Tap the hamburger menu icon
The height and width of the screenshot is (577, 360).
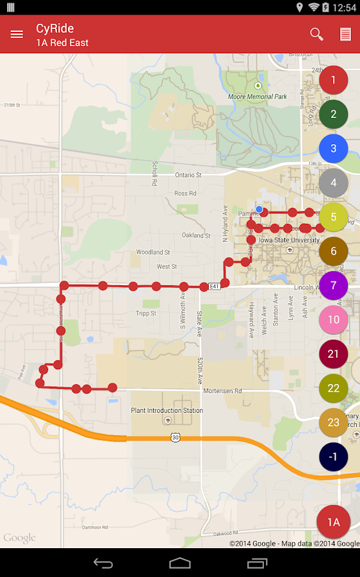click(x=17, y=35)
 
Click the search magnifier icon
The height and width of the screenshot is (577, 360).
click(x=316, y=34)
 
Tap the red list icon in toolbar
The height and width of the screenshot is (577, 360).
click(x=345, y=35)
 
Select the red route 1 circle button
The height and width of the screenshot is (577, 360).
click(x=333, y=80)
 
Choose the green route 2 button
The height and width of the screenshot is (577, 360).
click(x=333, y=114)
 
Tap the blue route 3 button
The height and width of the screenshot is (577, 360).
click(x=333, y=148)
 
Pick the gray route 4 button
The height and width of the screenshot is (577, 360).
click(x=333, y=183)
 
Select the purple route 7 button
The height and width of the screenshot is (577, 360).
click(x=333, y=285)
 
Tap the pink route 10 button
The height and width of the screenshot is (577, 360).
click(x=333, y=319)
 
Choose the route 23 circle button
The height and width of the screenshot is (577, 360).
click(x=333, y=422)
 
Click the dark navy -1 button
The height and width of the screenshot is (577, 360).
click(x=333, y=456)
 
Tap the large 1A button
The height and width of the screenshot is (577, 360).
click(x=333, y=522)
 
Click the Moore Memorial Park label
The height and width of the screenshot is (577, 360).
click(x=258, y=97)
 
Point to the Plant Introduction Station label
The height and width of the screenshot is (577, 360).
click(x=167, y=410)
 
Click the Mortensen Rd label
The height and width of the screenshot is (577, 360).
click(x=222, y=390)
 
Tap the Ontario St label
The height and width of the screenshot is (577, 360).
click(x=188, y=174)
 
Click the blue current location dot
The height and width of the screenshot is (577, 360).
click(x=259, y=209)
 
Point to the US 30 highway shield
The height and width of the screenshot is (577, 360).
click(x=176, y=437)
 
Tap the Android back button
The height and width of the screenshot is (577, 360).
click(x=103, y=563)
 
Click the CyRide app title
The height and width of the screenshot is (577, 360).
click(x=55, y=28)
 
